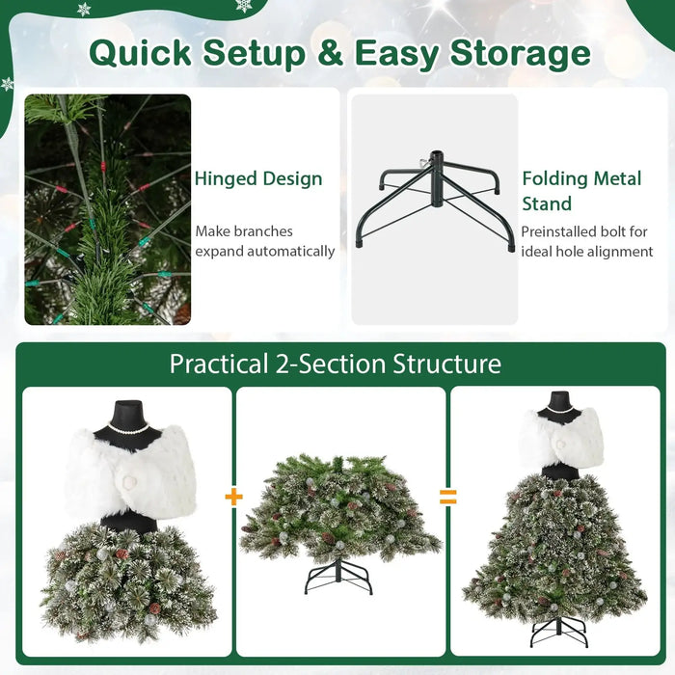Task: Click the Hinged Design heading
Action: pos(258,178)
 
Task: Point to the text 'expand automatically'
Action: pos(265,252)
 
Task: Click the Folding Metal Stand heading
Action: pos(581,191)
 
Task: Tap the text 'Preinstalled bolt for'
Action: pos(584,231)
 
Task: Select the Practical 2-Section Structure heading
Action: pos(336,364)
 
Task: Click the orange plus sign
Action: pos(233,497)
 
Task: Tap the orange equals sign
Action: pos(447,497)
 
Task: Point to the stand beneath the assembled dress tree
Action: pos(559,632)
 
